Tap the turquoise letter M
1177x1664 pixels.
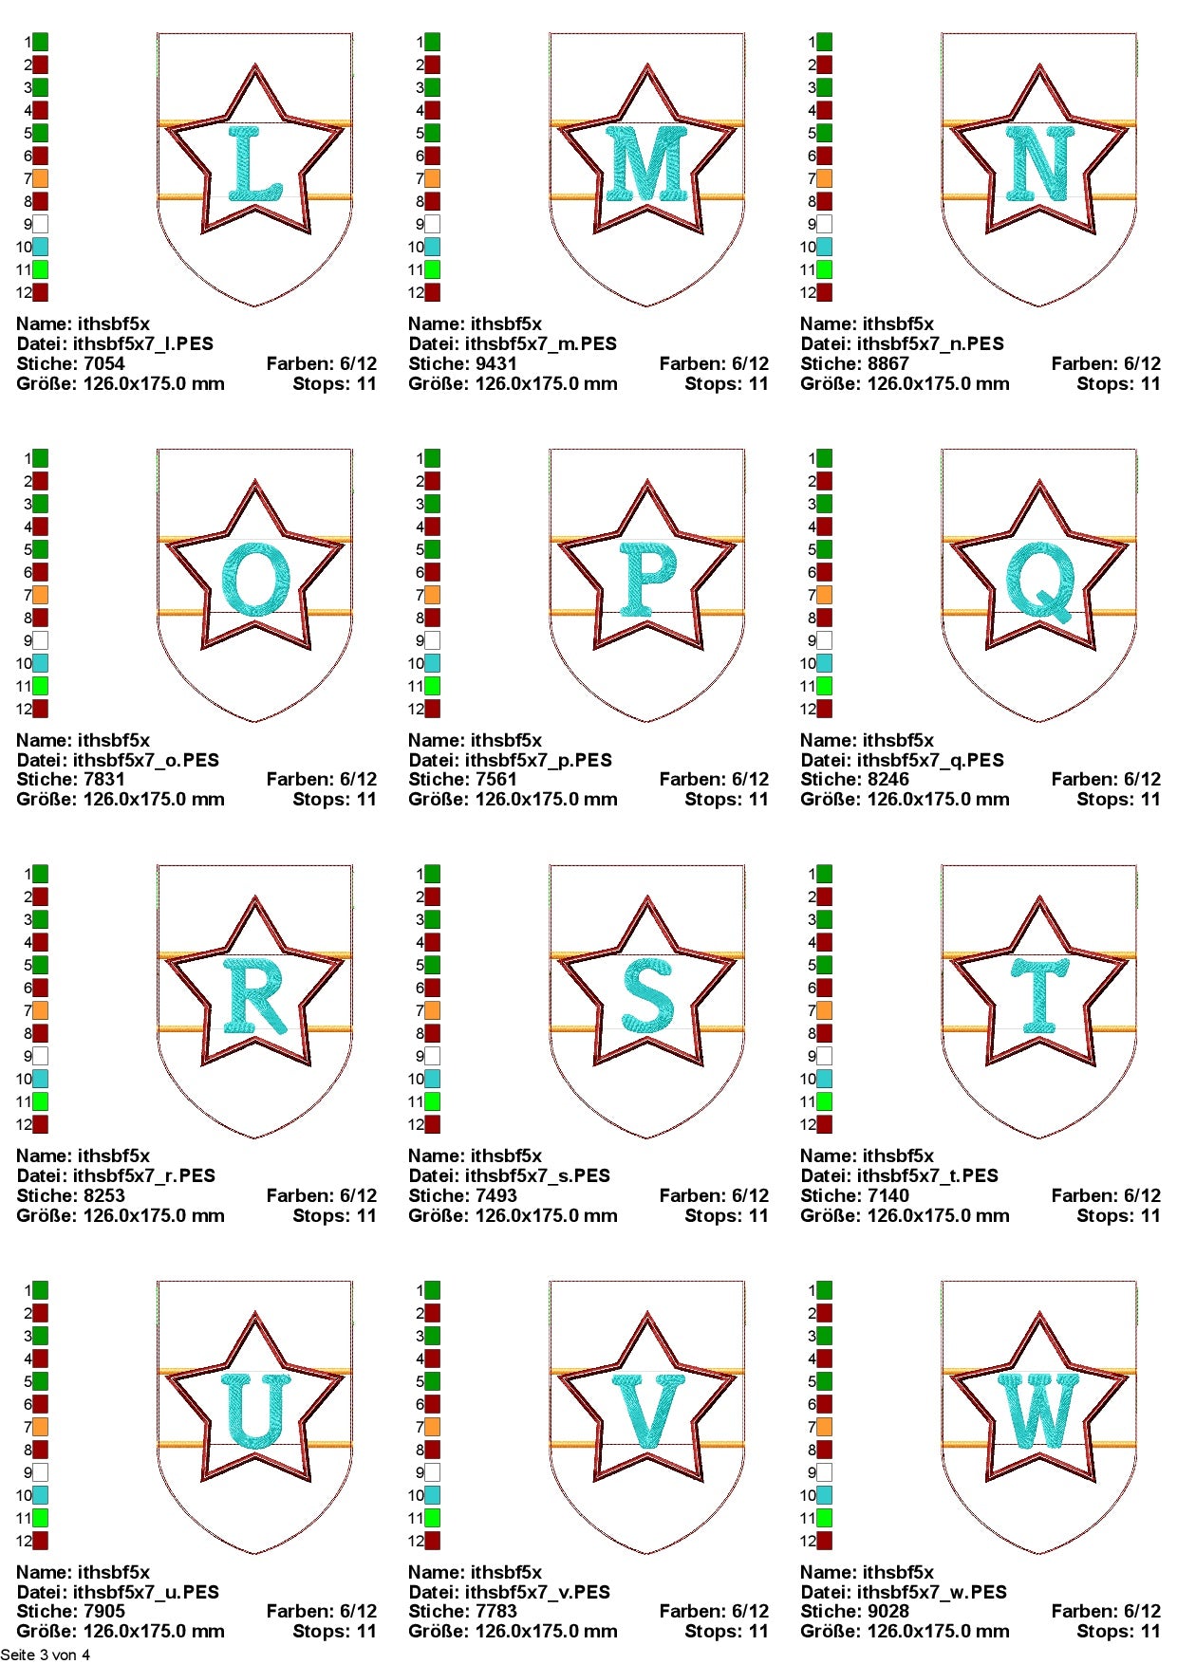click(x=647, y=163)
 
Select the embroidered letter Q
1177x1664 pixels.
click(x=1041, y=581)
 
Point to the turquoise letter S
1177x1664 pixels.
click(x=648, y=996)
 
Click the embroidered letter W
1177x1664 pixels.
click(x=1039, y=1412)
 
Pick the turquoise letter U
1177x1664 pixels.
click(x=255, y=1412)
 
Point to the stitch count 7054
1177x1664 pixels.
click(x=103, y=363)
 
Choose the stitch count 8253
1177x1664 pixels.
click(x=103, y=1195)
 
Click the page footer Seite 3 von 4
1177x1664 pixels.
click(x=46, y=1655)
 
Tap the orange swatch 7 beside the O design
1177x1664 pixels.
click(x=40, y=595)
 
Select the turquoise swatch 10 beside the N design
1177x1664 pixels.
click(x=824, y=247)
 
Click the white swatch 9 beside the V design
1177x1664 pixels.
click(x=432, y=1472)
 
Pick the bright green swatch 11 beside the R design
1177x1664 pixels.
click(x=40, y=1101)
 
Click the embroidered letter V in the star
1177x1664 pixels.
click(x=647, y=1412)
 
